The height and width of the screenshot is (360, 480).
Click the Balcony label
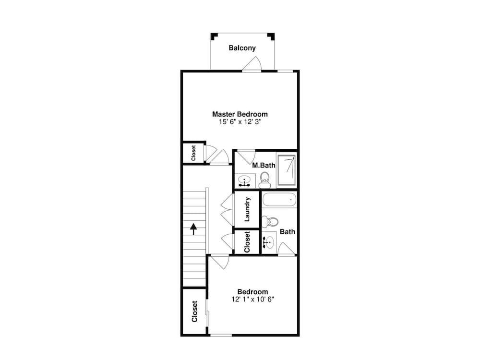(x=242, y=48)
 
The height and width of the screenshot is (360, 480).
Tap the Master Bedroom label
(x=240, y=114)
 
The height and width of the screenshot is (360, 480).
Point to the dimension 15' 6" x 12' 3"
(x=240, y=122)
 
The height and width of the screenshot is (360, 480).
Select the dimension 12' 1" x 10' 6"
(x=252, y=300)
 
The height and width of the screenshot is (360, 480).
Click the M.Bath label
(x=264, y=165)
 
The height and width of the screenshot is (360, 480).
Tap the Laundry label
(x=247, y=209)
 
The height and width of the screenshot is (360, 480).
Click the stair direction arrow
(x=193, y=229)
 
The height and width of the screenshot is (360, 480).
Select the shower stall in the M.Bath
(x=287, y=170)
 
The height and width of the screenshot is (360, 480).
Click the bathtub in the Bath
(x=279, y=200)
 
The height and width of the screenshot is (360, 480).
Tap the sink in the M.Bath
(x=244, y=181)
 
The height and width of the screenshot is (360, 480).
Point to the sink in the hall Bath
(x=268, y=243)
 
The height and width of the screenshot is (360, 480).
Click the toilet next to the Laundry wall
(x=270, y=221)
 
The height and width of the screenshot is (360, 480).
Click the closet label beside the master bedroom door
(x=193, y=153)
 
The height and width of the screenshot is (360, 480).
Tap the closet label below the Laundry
(x=247, y=242)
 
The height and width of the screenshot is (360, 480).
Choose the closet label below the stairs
(x=194, y=312)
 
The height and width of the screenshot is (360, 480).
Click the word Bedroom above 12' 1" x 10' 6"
(x=252, y=292)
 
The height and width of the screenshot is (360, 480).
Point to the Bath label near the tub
(x=288, y=232)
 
